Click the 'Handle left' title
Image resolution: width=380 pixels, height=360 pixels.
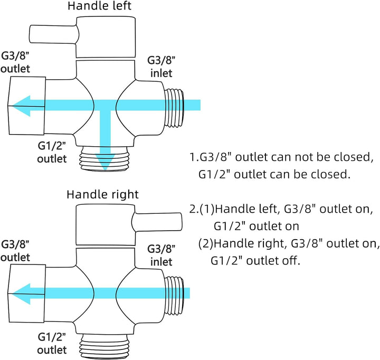tap(100, 7)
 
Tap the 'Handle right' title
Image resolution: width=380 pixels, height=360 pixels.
tap(102, 194)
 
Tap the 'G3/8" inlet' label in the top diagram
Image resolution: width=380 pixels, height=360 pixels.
tap(159, 67)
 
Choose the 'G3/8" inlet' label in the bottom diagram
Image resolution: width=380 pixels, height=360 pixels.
tap(159, 255)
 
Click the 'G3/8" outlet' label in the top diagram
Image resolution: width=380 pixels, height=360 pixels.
tap(15, 63)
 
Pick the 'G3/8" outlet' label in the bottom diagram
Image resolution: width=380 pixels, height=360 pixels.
tap(15, 251)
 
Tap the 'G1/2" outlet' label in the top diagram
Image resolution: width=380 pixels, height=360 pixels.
tap(52, 152)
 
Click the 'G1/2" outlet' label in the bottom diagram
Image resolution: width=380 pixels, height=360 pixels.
tap(52, 343)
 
